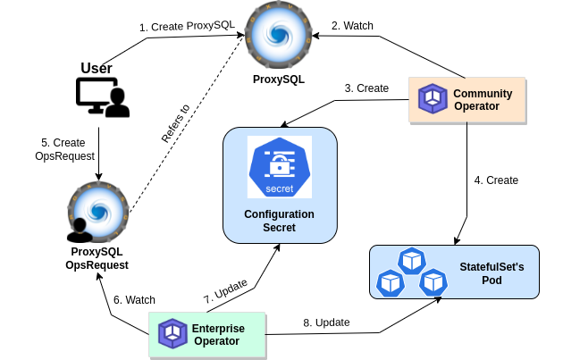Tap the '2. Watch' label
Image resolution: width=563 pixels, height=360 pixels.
click(352, 26)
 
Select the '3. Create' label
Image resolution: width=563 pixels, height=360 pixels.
click(366, 88)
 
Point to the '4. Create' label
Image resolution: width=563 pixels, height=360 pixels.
click(496, 180)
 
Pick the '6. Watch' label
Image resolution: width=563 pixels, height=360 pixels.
click(134, 298)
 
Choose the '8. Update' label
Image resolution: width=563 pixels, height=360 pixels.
click(327, 322)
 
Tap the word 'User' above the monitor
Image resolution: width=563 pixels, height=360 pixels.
click(97, 68)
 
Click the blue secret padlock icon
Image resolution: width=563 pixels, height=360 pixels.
click(279, 167)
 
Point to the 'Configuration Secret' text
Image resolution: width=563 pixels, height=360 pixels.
click(279, 221)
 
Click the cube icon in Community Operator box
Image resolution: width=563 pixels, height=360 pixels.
click(433, 99)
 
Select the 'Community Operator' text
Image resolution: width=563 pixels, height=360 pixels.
click(483, 99)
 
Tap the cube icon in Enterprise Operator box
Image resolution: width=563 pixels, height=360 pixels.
click(172, 334)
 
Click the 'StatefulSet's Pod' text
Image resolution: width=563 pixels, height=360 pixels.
click(492, 273)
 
